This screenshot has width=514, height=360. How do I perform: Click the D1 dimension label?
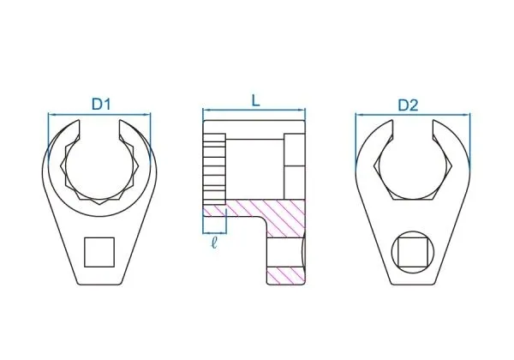pyautogui.click(x=101, y=105)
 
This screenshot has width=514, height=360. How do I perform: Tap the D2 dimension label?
pyautogui.click(x=408, y=105)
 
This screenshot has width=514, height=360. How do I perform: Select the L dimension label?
pyautogui.click(x=255, y=100)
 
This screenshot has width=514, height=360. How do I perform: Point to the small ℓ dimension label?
pyautogui.click(x=214, y=242)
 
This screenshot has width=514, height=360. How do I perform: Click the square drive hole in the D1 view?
pyautogui.click(x=99, y=252)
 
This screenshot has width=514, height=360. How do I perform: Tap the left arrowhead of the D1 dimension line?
pyautogui.click(x=51, y=115)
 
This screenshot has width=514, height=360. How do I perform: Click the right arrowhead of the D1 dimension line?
pyautogui.click(x=147, y=115)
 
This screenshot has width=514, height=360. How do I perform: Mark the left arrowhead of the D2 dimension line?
pyautogui.click(x=359, y=115)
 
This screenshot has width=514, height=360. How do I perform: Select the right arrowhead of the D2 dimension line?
pyautogui.click(x=467, y=115)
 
